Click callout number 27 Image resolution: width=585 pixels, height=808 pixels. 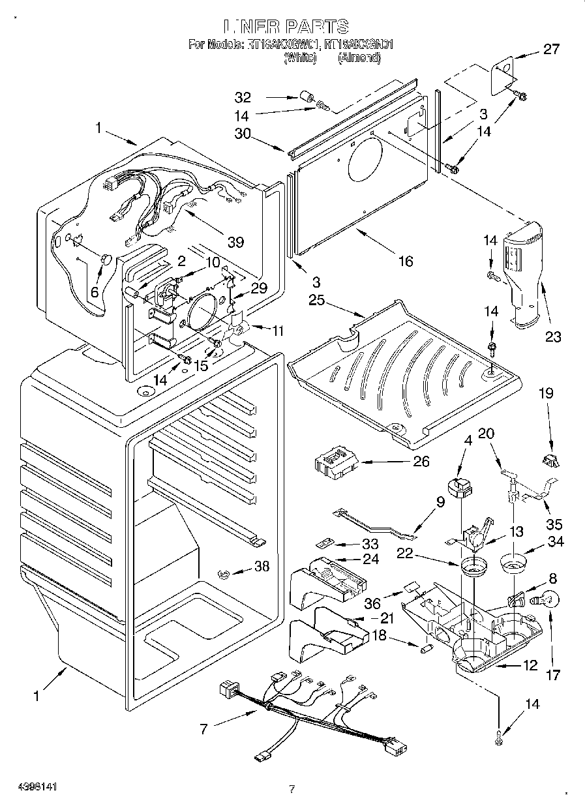(x=551, y=49)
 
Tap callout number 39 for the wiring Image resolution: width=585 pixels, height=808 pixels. (x=235, y=242)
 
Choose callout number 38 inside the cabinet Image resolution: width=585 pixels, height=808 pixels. (x=262, y=567)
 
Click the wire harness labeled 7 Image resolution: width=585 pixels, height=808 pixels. (x=307, y=717)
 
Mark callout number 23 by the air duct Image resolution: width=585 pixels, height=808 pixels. (x=553, y=337)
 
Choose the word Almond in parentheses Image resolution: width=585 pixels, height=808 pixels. (x=359, y=58)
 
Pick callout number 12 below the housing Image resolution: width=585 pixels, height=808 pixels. (x=530, y=665)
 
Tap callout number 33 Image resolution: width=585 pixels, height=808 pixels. (x=370, y=543)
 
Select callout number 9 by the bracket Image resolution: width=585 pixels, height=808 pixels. (x=440, y=502)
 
